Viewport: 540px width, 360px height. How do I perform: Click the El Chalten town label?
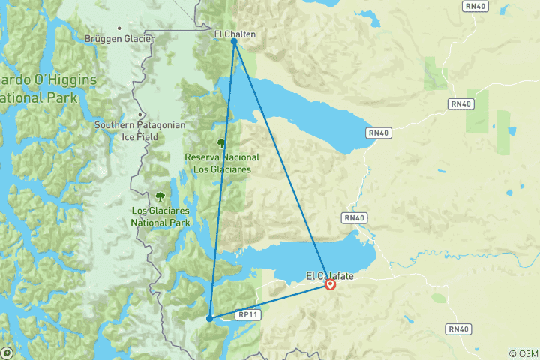(235, 34)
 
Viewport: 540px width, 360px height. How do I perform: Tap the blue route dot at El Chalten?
(235, 42)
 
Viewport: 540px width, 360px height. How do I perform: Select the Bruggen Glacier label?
(120, 38)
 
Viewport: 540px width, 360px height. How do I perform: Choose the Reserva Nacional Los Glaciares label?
(222, 163)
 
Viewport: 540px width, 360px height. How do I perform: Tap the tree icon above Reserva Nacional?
(221, 143)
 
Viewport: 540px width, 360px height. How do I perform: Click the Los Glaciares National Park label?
(160, 217)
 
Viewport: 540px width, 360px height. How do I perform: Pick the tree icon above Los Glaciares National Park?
(160, 197)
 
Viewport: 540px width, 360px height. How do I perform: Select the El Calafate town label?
(329, 276)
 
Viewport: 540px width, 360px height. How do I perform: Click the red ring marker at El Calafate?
(330, 284)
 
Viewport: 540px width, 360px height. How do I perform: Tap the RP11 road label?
(248, 316)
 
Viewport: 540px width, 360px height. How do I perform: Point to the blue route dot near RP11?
(209, 318)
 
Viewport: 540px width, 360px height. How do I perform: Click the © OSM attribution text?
(523, 353)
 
